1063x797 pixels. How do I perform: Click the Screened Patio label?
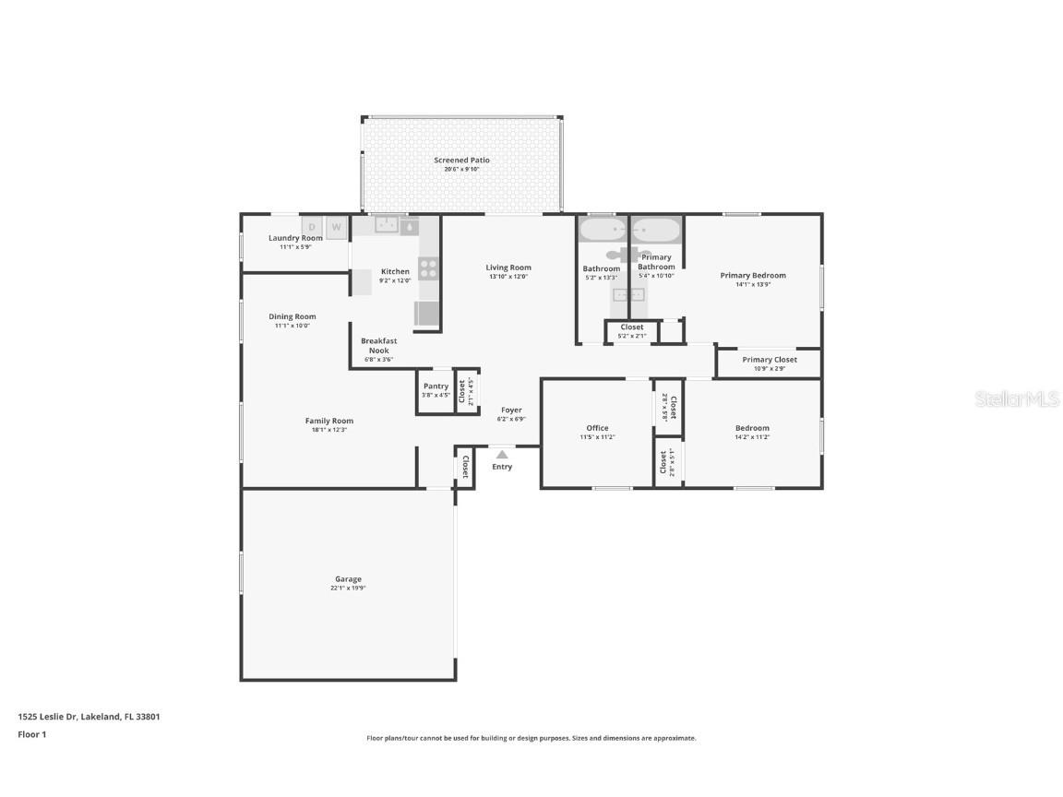tap(461, 161)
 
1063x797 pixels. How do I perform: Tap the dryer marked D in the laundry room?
tap(312, 226)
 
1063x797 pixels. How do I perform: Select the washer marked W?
tap(336, 226)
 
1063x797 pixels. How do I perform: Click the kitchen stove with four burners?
tap(428, 268)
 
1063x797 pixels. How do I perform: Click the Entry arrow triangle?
tap(501, 454)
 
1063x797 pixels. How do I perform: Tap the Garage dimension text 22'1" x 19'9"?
tap(348, 588)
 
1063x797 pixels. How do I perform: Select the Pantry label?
tap(436, 387)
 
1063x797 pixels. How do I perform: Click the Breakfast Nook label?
tap(378, 346)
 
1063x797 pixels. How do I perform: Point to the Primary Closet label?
tap(769, 360)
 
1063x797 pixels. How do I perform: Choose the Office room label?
tap(597, 428)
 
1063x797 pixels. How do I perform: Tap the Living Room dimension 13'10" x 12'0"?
tap(508, 277)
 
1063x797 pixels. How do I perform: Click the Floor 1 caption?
tap(31, 734)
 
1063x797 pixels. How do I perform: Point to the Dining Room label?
tap(293, 316)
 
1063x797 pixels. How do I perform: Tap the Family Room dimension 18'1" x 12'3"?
tap(329, 430)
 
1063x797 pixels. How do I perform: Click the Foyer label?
tap(511, 410)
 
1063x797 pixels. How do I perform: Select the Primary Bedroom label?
tap(753, 275)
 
